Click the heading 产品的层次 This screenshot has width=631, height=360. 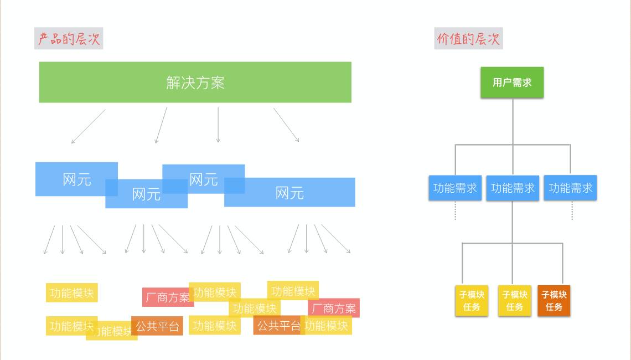(69, 39)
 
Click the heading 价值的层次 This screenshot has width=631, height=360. (468, 39)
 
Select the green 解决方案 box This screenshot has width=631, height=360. (195, 82)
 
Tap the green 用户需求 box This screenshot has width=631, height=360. (512, 83)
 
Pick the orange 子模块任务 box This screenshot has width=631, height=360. (554, 301)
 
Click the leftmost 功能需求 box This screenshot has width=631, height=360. (455, 188)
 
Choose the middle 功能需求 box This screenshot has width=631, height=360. (513, 188)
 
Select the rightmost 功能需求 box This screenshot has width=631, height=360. (570, 188)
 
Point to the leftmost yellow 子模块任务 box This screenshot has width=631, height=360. (472, 301)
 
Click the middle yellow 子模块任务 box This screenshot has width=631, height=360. (514, 301)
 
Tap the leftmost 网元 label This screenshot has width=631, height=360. (77, 179)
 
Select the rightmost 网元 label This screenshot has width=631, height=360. (289, 193)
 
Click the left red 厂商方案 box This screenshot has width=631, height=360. (168, 297)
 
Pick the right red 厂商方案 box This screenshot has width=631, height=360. (334, 308)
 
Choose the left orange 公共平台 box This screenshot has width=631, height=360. (158, 326)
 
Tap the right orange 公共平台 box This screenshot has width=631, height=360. (278, 326)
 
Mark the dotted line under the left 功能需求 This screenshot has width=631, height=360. (456, 210)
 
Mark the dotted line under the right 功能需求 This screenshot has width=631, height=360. (572, 210)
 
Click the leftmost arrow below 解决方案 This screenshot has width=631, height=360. (88, 126)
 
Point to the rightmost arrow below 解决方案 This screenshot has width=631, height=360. (286, 125)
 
